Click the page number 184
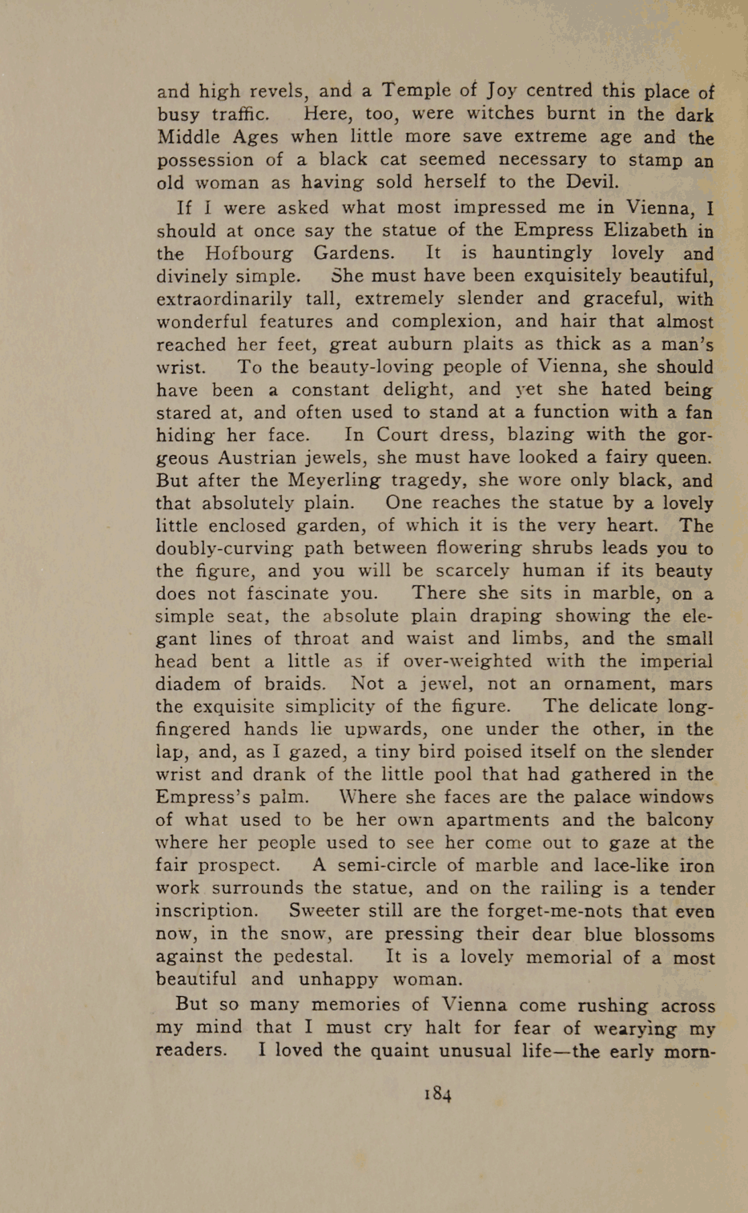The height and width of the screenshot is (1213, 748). tap(438, 1093)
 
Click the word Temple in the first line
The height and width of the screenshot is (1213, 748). tap(416, 90)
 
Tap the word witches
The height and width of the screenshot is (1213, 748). tap(500, 113)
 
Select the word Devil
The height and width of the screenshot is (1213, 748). tap(592, 182)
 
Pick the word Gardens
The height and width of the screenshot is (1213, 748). tap(354, 253)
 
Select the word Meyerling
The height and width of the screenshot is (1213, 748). tap(334, 480)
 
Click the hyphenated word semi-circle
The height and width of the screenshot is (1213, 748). tap(387, 865)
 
